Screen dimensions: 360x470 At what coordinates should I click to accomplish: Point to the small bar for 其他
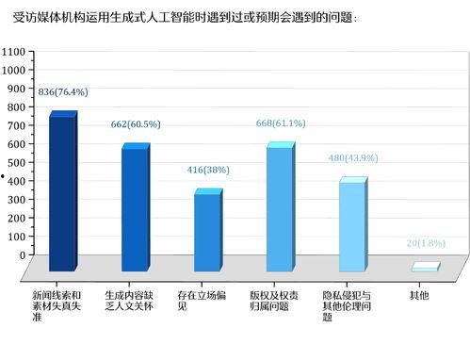click(x=425, y=269)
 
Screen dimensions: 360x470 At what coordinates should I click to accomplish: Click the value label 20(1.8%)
click(x=425, y=243)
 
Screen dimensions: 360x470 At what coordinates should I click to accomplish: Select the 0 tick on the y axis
click(x=22, y=254)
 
